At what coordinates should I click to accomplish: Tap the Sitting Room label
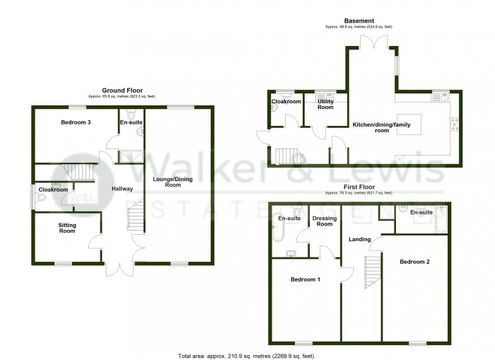point(66,228)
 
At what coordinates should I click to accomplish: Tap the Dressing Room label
point(324,221)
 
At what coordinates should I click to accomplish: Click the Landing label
point(359,239)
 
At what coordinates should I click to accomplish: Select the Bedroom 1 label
point(305,279)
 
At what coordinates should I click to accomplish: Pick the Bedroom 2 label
point(414,262)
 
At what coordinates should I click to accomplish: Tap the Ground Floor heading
point(122,90)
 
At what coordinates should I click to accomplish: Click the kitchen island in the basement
point(409,125)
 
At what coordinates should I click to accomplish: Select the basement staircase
point(287,156)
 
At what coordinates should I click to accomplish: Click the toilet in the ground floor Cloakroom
point(41,201)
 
